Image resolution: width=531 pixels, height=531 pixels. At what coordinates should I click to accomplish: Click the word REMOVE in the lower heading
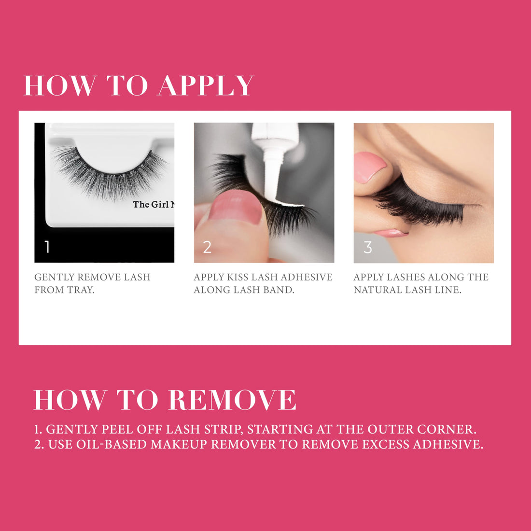(232, 400)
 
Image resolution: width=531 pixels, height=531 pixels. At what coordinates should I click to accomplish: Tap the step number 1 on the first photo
(47, 247)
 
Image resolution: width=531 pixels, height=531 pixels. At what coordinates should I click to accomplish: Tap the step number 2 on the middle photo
(207, 247)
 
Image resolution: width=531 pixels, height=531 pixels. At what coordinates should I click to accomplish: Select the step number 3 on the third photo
(367, 247)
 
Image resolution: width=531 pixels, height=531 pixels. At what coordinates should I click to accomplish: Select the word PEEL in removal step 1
(118, 429)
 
